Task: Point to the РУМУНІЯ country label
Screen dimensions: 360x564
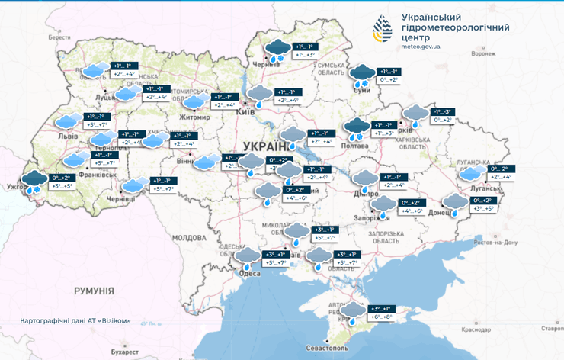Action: pyautogui.click(x=94, y=291)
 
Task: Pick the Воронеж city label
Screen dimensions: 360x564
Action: pyautogui.click(x=483, y=54)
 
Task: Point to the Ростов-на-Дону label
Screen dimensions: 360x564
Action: pyautogui.click(x=495, y=242)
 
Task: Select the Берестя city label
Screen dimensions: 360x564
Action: pyautogui.click(x=59, y=37)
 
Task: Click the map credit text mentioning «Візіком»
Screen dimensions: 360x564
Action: pyautogui.click(x=76, y=321)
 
